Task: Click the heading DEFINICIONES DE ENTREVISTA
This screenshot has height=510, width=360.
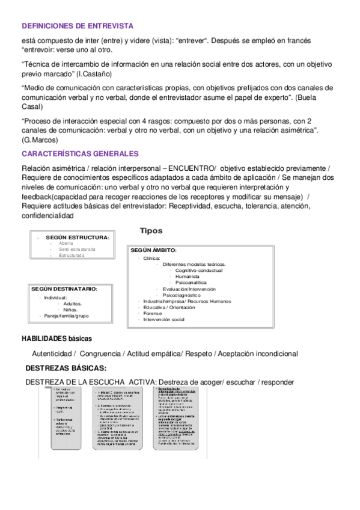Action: [77, 26]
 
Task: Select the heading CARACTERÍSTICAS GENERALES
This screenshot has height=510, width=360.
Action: [80, 154]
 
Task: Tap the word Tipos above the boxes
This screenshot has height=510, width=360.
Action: [151, 231]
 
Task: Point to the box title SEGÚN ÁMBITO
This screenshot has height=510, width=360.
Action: [153, 250]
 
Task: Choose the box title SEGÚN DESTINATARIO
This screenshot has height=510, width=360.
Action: [64, 289]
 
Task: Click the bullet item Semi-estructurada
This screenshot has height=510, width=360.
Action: [77, 249]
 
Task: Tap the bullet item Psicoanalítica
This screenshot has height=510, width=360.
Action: [191, 283]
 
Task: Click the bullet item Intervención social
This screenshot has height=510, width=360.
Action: [163, 319]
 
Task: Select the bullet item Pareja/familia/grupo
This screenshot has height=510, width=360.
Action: [66, 316]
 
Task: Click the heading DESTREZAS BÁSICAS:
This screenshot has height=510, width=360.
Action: [66, 368]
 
